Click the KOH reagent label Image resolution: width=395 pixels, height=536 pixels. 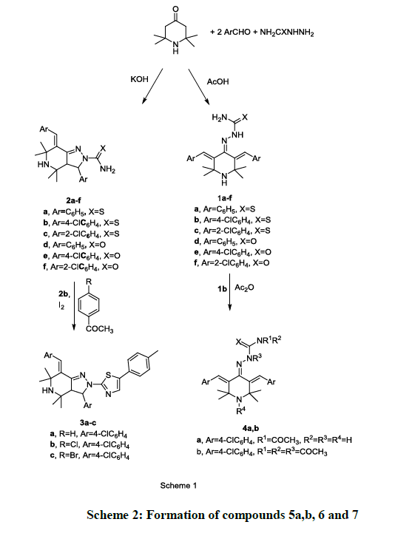pyautogui.click(x=140, y=79)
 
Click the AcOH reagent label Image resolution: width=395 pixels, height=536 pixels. pyautogui.click(x=218, y=82)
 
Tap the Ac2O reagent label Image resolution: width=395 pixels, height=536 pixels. pyautogui.click(x=245, y=288)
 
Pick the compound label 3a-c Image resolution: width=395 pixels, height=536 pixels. pyautogui.click(x=88, y=423)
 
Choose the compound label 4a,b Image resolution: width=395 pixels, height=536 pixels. pyautogui.click(x=251, y=428)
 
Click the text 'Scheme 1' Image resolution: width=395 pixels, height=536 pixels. pyautogui.click(x=178, y=486)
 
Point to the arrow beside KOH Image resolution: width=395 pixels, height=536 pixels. pyautogui.click(x=152, y=86)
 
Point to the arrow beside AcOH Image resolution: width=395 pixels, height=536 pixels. pyautogui.click(x=198, y=86)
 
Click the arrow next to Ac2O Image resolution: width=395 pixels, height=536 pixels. pyautogui.click(x=229, y=292)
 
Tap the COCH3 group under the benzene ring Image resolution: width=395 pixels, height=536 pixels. pyautogui.click(x=100, y=330)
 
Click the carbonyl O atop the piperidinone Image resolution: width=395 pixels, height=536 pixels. pyautogui.click(x=175, y=9)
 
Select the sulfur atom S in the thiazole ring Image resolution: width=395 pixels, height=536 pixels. pyautogui.click(x=108, y=376)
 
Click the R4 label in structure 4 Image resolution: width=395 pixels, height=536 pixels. pyautogui.click(x=240, y=411)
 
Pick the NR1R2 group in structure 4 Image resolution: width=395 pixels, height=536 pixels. pyautogui.click(x=269, y=341)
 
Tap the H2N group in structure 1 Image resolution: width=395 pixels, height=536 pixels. pyautogui.click(x=220, y=118)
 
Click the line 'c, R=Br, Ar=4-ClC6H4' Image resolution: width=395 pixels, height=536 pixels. pyautogui.click(x=90, y=455)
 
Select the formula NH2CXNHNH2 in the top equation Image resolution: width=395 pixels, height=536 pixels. pyautogui.click(x=287, y=33)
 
